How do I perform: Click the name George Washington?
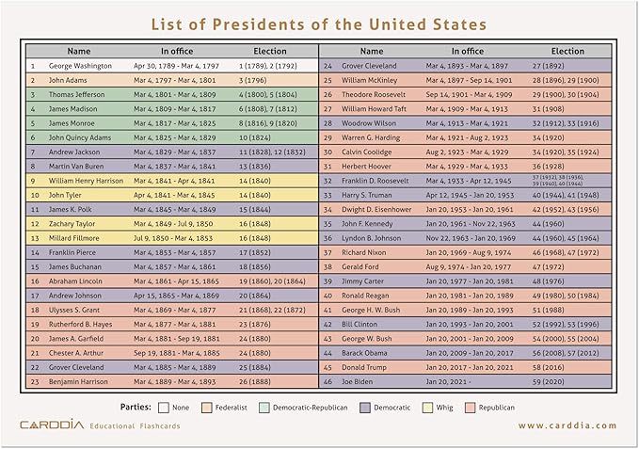point(80,66)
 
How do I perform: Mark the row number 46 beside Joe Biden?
point(327,383)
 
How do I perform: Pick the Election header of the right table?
point(567,51)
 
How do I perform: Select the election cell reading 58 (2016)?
point(552,367)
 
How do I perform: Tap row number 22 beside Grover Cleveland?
point(34,367)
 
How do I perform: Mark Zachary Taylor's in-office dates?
point(181,224)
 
